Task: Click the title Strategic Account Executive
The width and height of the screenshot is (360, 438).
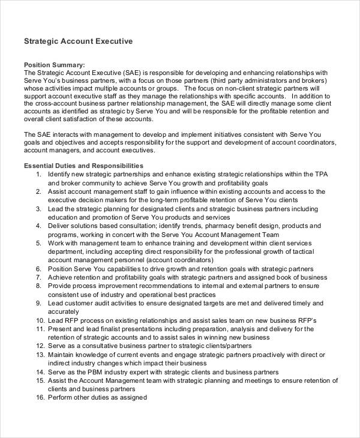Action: click(x=77, y=42)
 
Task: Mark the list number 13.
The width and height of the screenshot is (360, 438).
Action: click(x=40, y=355)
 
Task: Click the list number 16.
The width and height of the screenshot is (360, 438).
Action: click(x=40, y=398)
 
